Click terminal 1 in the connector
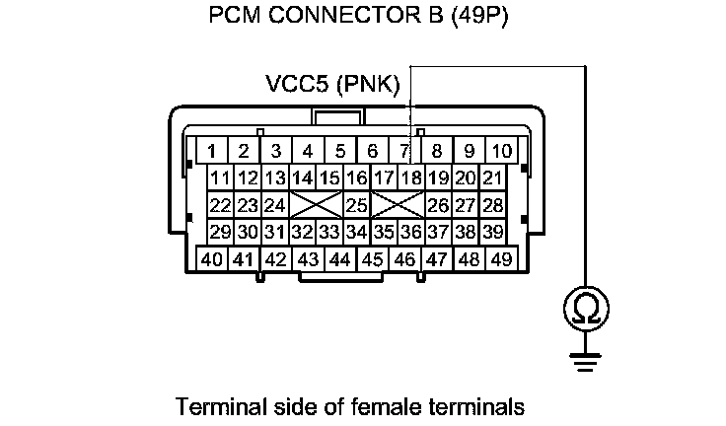coord(211,151)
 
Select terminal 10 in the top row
coord(502,151)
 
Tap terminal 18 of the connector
coord(411,178)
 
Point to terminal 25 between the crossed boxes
coord(356,205)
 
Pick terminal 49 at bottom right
coord(501,259)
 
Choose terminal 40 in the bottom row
coord(211,259)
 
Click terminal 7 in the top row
coord(404,151)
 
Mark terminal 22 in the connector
coord(221,205)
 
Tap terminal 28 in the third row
coord(493,205)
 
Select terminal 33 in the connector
coord(329,232)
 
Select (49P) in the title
coord(477,19)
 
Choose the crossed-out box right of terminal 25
coord(398,205)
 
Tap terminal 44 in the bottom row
coord(340,259)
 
